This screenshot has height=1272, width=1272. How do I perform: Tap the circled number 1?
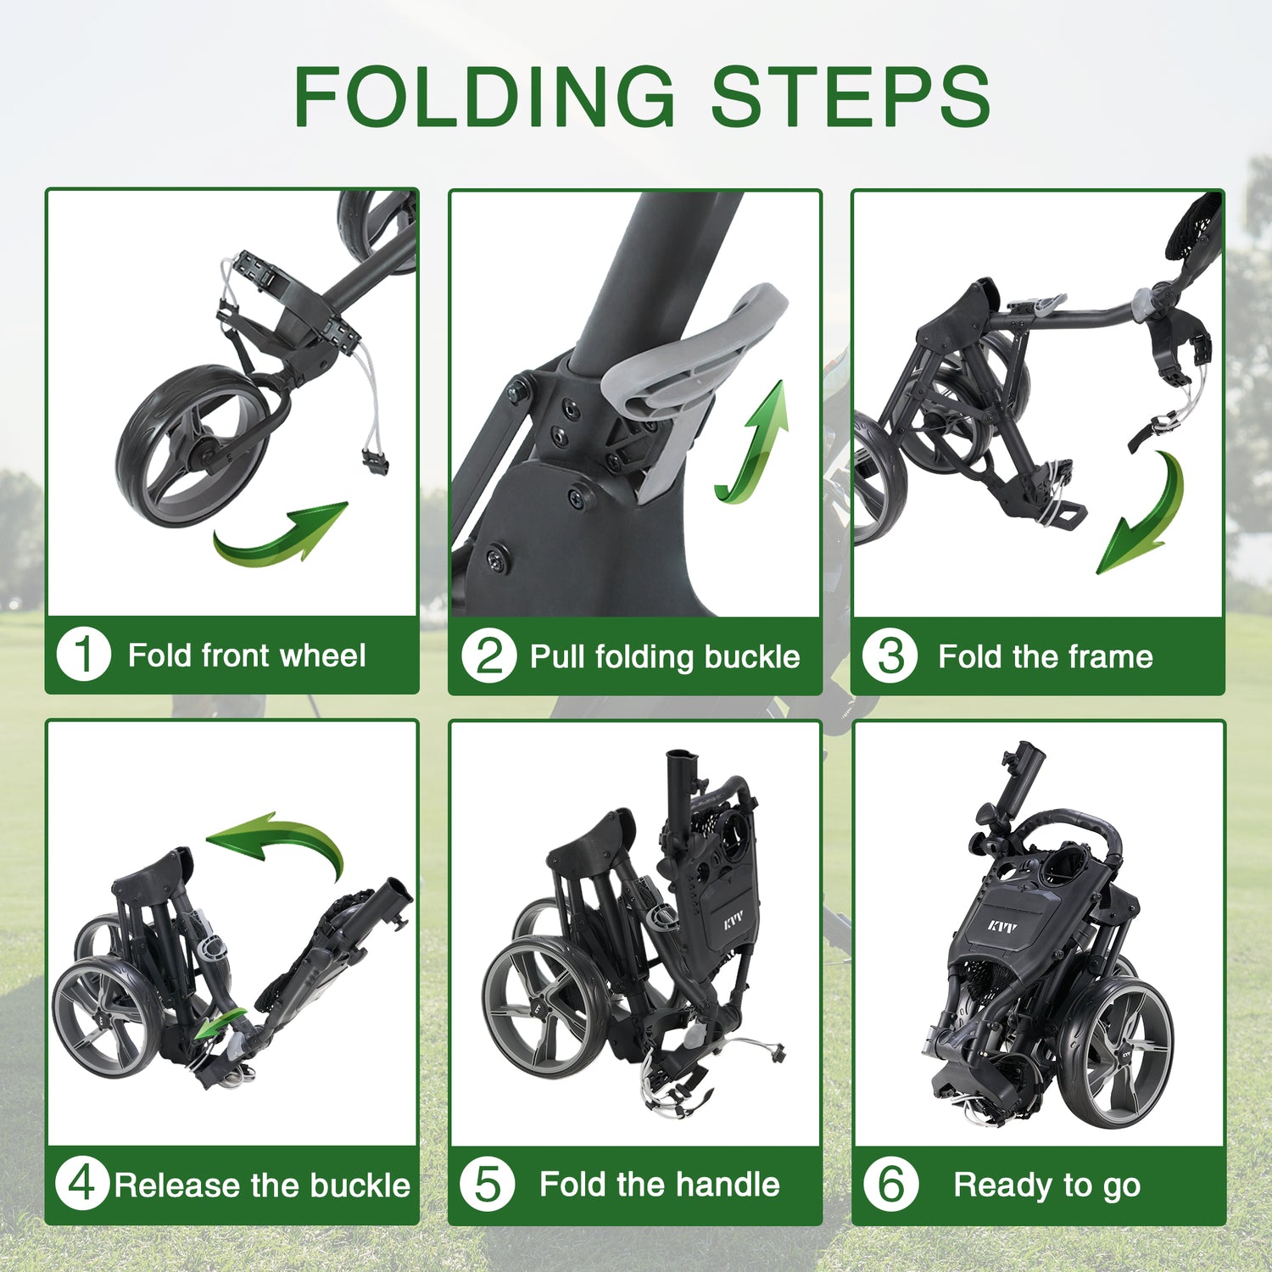83,655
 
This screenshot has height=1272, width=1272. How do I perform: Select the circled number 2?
488,656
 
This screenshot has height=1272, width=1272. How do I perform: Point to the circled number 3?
890,656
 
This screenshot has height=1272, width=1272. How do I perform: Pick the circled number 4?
82,1183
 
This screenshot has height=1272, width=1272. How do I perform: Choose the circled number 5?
487,1184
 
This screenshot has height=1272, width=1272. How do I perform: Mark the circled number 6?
890,1184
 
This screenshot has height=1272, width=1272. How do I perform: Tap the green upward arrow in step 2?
757,441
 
